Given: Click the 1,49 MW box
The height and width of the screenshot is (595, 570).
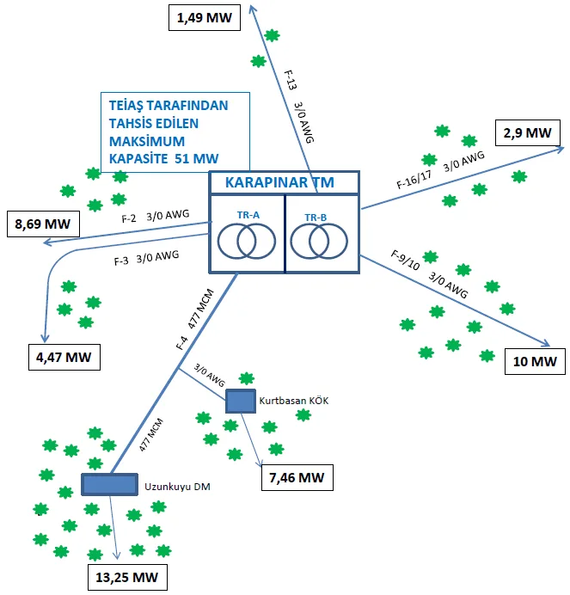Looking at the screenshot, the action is (205, 17).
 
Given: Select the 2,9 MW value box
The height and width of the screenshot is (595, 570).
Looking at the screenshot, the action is (528, 132).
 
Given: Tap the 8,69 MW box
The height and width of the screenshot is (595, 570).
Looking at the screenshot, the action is (43, 224).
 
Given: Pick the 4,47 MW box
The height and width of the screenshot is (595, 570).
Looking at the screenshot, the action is (64, 357).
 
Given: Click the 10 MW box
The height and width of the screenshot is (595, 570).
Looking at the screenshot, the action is (535, 361).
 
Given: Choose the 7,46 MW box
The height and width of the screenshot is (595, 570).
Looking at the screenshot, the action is (297, 477).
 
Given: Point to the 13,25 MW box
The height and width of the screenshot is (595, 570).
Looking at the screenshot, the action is (127, 577).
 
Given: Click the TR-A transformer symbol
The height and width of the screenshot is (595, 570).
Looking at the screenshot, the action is (246, 242).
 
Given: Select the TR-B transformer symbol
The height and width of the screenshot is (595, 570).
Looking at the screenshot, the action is (319, 242).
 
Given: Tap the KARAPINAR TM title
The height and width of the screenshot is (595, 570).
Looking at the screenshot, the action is (279, 182).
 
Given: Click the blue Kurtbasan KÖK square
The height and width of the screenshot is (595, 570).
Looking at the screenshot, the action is (241, 401).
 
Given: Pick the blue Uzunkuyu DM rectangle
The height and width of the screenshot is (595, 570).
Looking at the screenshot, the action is (110, 484).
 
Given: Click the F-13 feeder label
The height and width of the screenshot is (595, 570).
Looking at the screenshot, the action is (291, 81).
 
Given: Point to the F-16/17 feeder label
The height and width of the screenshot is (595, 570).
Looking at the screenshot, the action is (414, 180).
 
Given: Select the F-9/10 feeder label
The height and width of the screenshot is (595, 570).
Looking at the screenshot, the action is (406, 260).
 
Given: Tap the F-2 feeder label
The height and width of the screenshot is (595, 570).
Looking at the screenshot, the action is (129, 219).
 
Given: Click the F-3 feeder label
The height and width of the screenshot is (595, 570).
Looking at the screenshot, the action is (121, 261).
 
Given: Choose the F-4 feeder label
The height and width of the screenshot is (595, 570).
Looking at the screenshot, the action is (181, 343).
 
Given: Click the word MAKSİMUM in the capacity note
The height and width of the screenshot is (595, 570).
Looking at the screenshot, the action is (147, 141).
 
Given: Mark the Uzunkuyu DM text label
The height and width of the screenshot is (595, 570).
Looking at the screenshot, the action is (177, 487).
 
